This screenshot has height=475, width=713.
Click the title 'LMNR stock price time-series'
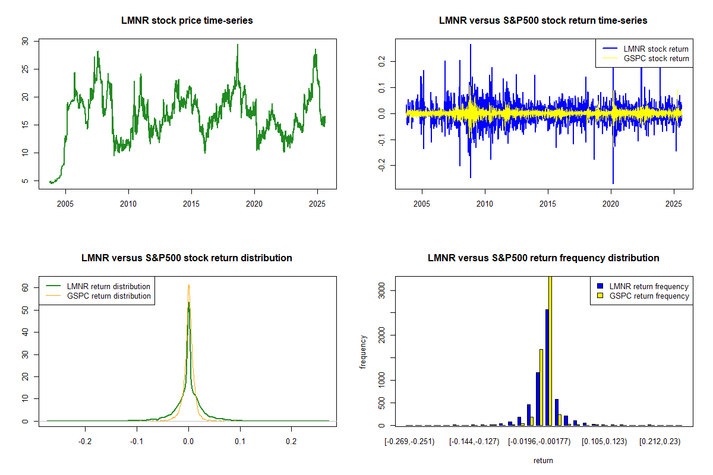188,21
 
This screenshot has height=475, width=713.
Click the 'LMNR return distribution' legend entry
109,286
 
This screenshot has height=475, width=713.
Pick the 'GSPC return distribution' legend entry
109,296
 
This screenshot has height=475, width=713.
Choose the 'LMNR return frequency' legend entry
649,286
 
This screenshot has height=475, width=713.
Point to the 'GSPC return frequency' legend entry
649,296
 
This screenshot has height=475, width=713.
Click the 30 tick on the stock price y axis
25,41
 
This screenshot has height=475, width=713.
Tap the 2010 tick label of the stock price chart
128,204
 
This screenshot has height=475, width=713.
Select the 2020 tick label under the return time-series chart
611,204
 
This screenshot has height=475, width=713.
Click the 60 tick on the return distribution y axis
25,287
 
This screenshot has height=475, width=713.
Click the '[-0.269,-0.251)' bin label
409,441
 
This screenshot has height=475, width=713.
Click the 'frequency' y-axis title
363,352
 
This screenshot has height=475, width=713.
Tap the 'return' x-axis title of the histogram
543,460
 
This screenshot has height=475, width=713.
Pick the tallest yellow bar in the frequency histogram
550,350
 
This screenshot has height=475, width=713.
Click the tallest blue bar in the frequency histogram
547,367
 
